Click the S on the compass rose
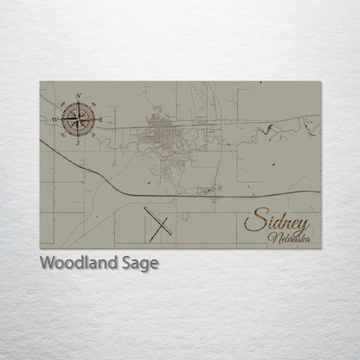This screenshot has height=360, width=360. point(79,143)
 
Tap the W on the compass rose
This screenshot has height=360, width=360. point(54,119)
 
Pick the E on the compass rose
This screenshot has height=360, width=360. point(102,119)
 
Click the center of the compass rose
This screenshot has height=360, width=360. point(79,119)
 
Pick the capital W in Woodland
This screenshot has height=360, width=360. point(48,263)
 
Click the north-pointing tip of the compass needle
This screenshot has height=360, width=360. point(79,101)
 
